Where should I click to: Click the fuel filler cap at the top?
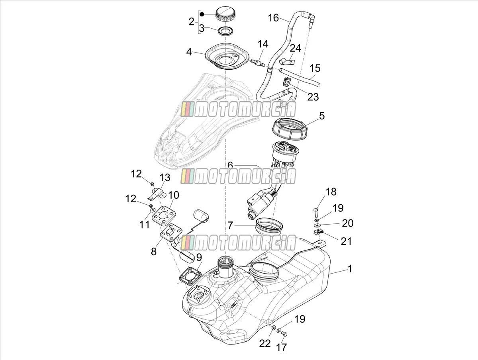224,14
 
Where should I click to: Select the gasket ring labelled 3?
226,31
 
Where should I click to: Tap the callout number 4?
189,52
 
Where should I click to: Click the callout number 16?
273,18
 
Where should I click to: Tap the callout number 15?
315,68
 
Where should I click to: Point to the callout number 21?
346,241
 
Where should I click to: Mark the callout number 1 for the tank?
350,269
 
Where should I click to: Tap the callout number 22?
265,343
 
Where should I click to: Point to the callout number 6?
230,165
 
